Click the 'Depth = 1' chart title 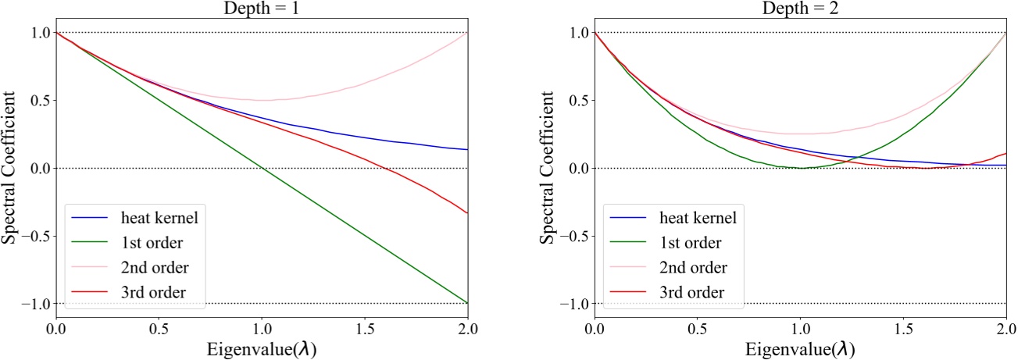tap(261, 7)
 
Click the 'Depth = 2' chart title tap(801, 7)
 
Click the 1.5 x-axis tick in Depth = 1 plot tap(365, 330)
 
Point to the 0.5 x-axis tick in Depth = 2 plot tap(698, 330)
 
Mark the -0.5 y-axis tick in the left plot tap(34, 236)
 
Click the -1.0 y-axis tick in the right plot tap(574, 303)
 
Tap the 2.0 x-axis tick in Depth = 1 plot tap(467, 330)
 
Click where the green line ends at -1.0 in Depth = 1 tap(467, 303)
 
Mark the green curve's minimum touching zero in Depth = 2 tap(801, 167)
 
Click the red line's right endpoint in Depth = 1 tap(467, 212)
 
